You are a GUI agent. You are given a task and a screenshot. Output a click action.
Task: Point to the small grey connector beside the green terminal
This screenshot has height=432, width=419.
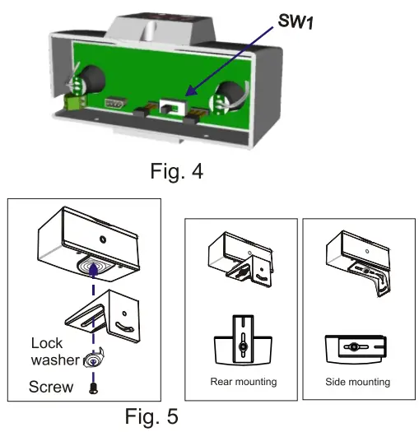click(x=114, y=103)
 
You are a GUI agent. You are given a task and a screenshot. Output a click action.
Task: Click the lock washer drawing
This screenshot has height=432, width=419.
click(x=95, y=360)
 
